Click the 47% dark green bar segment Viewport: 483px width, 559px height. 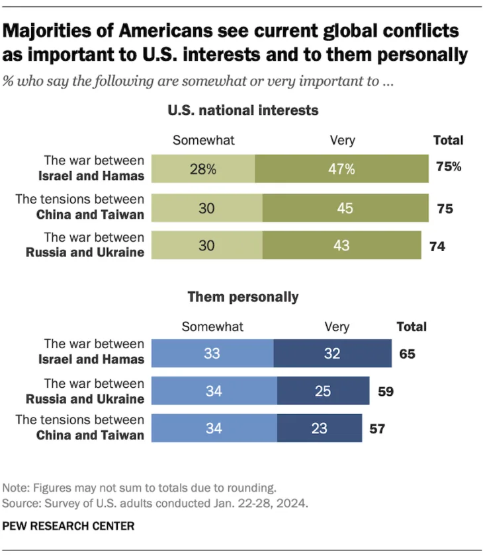[341, 169]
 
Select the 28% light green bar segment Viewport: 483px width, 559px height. [203, 169]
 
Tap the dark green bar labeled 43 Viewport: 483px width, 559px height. [341, 246]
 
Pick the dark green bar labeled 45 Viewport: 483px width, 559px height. [345, 208]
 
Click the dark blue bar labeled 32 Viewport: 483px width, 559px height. [332, 354]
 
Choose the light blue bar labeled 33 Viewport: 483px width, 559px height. [212, 354]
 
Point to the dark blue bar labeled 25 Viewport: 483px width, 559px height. [323, 391]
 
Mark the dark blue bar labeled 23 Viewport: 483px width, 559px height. [319, 428]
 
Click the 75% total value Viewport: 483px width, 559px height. [449, 167]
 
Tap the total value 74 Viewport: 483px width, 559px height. [437, 246]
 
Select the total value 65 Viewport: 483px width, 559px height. [407, 354]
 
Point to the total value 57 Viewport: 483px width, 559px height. [376, 429]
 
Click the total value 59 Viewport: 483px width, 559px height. [385, 391]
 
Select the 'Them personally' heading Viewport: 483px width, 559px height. [243, 297]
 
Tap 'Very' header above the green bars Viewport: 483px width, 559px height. [341, 140]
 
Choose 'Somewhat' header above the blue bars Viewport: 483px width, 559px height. [212, 326]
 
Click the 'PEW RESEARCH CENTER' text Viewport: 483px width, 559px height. [69, 526]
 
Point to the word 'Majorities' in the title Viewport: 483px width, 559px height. [60, 31]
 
